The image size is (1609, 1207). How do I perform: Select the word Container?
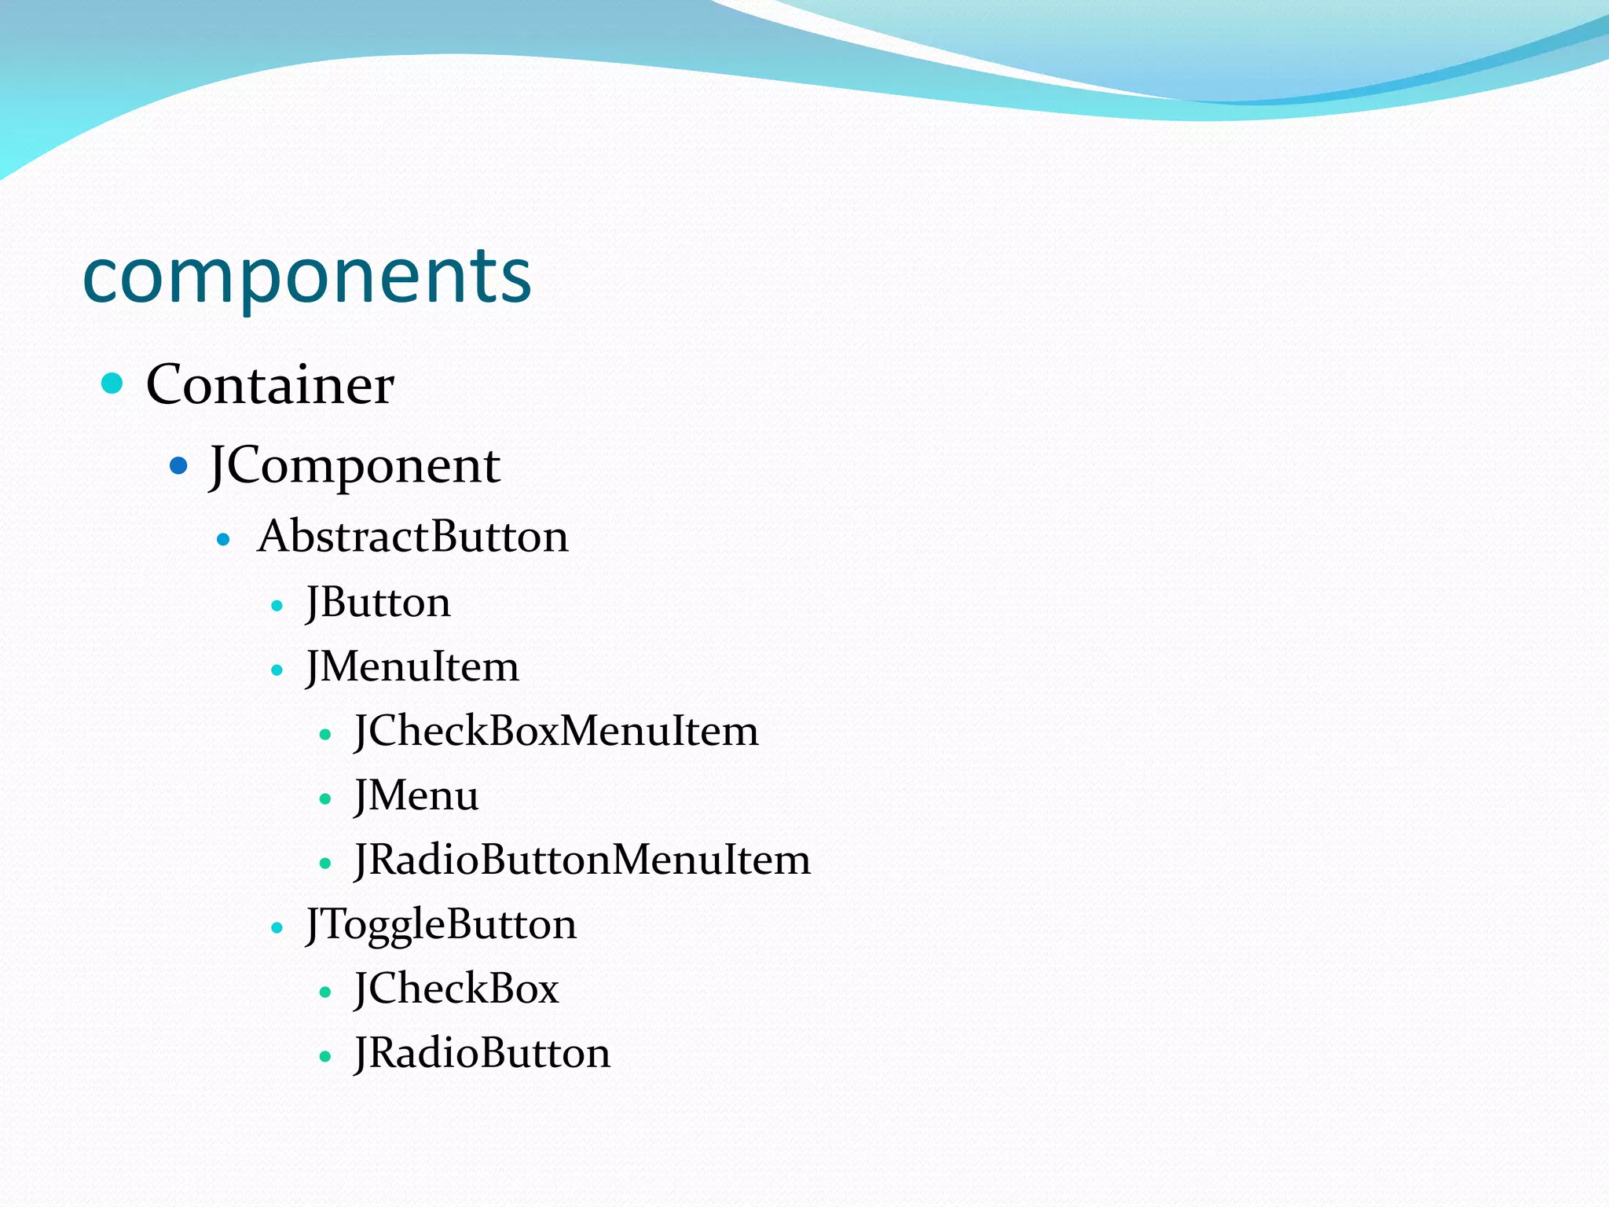(x=269, y=385)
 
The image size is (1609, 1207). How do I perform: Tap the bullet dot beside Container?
(x=112, y=383)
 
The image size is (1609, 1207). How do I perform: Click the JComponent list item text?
(x=354, y=465)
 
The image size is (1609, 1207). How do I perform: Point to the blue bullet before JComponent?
(x=179, y=466)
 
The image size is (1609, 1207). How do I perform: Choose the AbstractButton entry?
(x=412, y=537)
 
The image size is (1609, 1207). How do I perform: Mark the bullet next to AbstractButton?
(x=224, y=540)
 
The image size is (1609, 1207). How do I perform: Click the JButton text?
(x=378, y=603)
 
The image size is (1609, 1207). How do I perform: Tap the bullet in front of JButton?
(x=277, y=606)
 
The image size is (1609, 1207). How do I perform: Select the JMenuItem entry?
(x=412, y=667)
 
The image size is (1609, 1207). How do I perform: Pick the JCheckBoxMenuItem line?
(x=556, y=732)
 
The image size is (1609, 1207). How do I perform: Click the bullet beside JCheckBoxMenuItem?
(x=325, y=735)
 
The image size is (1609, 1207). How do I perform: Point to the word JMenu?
(x=416, y=796)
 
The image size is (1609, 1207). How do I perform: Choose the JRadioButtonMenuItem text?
(x=582, y=860)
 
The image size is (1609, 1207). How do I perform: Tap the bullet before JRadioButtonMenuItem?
(x=325, y=864)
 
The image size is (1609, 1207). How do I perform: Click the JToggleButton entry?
(x=441, y=924)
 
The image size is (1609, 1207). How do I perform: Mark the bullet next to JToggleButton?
(x=277, y=928)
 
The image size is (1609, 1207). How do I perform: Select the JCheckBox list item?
(x=456, y=989)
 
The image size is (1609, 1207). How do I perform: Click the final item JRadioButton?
(x=482, y=1053)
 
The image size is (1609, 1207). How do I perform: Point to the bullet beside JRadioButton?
(x=325, y=1057)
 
